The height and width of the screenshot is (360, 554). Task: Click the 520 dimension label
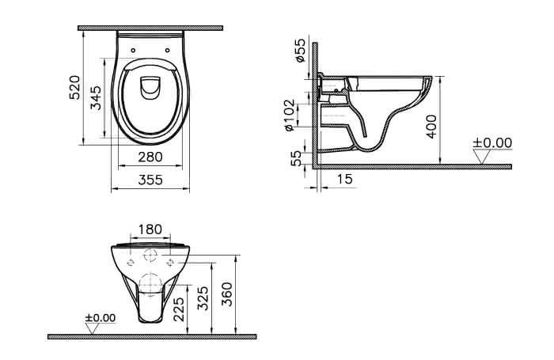point(75,87)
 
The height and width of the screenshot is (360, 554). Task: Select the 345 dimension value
point(96,98)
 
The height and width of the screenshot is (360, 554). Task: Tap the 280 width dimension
point(150,157)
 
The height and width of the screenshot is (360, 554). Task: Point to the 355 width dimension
point(150,180)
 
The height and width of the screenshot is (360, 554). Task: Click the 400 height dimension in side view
point(431,127)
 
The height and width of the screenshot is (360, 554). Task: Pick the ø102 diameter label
point(290,116)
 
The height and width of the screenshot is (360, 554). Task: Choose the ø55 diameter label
point(300,50)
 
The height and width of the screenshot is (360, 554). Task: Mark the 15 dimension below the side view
point(344,179)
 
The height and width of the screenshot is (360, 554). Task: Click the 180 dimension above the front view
point(150,229)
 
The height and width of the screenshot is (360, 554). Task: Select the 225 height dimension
point(180,309)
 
